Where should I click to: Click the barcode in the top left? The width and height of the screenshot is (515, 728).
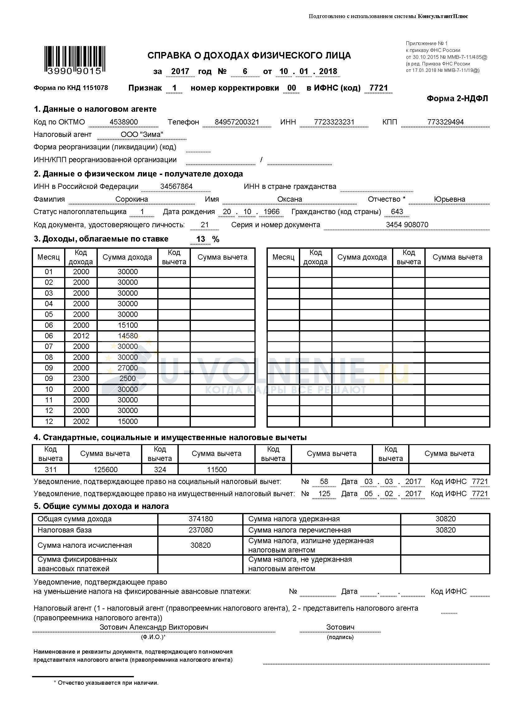pyautogui.click(x=74, y=60)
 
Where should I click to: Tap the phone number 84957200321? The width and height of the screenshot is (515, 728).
pyautogui.click(x=237, y=122)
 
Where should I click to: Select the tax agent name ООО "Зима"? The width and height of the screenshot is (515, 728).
pyautogui.click(x=142, y=134)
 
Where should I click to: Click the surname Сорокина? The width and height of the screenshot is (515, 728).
pyautogui.click(x=132, y=199)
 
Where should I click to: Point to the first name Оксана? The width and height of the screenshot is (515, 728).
pyautogui.click(x=290, y=199)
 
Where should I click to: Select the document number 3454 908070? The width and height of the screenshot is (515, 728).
pyautogui.click(x=407, y=225)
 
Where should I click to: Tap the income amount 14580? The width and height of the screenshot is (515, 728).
pyautogui.click(x=128, y=336)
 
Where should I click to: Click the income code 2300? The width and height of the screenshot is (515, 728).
pyautogui.click(x=81, y=378)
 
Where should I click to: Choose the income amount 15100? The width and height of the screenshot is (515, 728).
pyautogui.click(x=128, y=325)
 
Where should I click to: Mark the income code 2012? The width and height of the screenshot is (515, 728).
pyautogui.click(x=81, y=336)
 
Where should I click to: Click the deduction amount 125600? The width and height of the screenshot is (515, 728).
pyautogui.click(x=105, y=470)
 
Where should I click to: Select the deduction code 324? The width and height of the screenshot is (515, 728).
pyautogui.click(x=160, y=470)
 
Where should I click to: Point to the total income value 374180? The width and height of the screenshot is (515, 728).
pyautogui.click(x=201, y=519)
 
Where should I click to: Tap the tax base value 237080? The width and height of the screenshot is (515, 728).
pyautogui.click(x=201, y=530)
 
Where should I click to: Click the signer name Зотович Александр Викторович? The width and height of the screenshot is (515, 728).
pyautogui.click(x=154, y=627)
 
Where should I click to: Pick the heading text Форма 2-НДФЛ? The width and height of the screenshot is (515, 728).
pyautogui.click(x=457, y=98)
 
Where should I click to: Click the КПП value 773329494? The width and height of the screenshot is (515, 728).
pyautogui.click(x=445, y=122)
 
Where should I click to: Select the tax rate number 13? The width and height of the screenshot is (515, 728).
pyautogui.click(x=201, y=239)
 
